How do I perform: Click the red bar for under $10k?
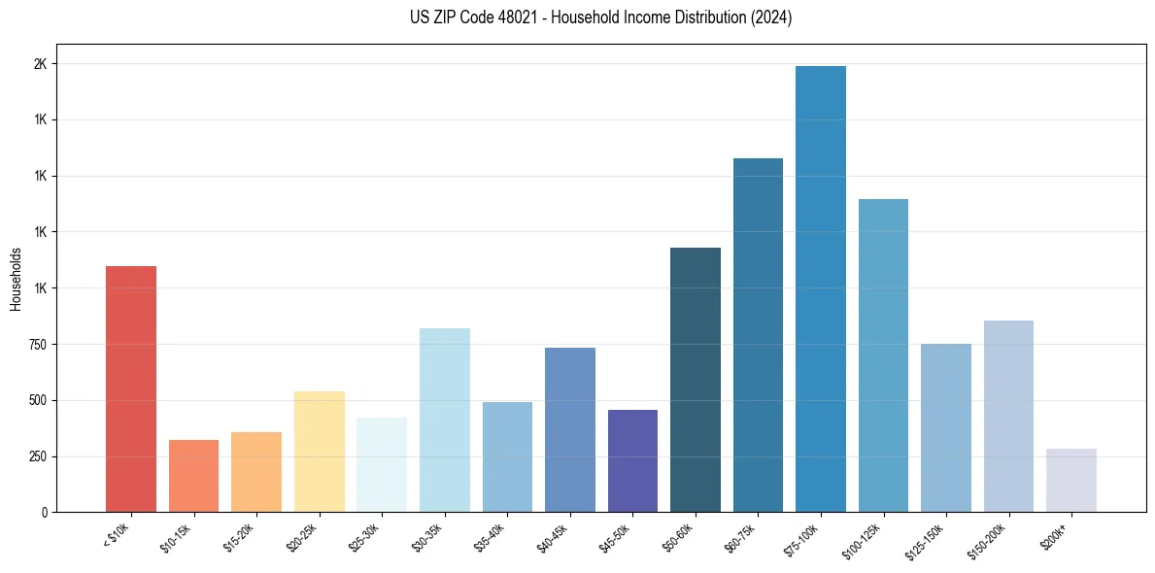131,388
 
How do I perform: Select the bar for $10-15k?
193,476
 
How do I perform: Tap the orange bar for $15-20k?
256,472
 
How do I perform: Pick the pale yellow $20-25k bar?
320,452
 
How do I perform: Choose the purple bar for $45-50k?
632,460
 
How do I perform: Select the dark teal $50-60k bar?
696,380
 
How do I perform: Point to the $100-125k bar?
883,355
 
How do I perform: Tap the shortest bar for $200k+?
1071,480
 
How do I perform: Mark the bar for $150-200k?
1008,416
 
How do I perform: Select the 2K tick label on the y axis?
41,64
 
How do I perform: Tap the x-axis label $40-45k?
552,536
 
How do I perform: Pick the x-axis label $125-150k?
926,539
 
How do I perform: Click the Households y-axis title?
16,279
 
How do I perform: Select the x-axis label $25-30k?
363,536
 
